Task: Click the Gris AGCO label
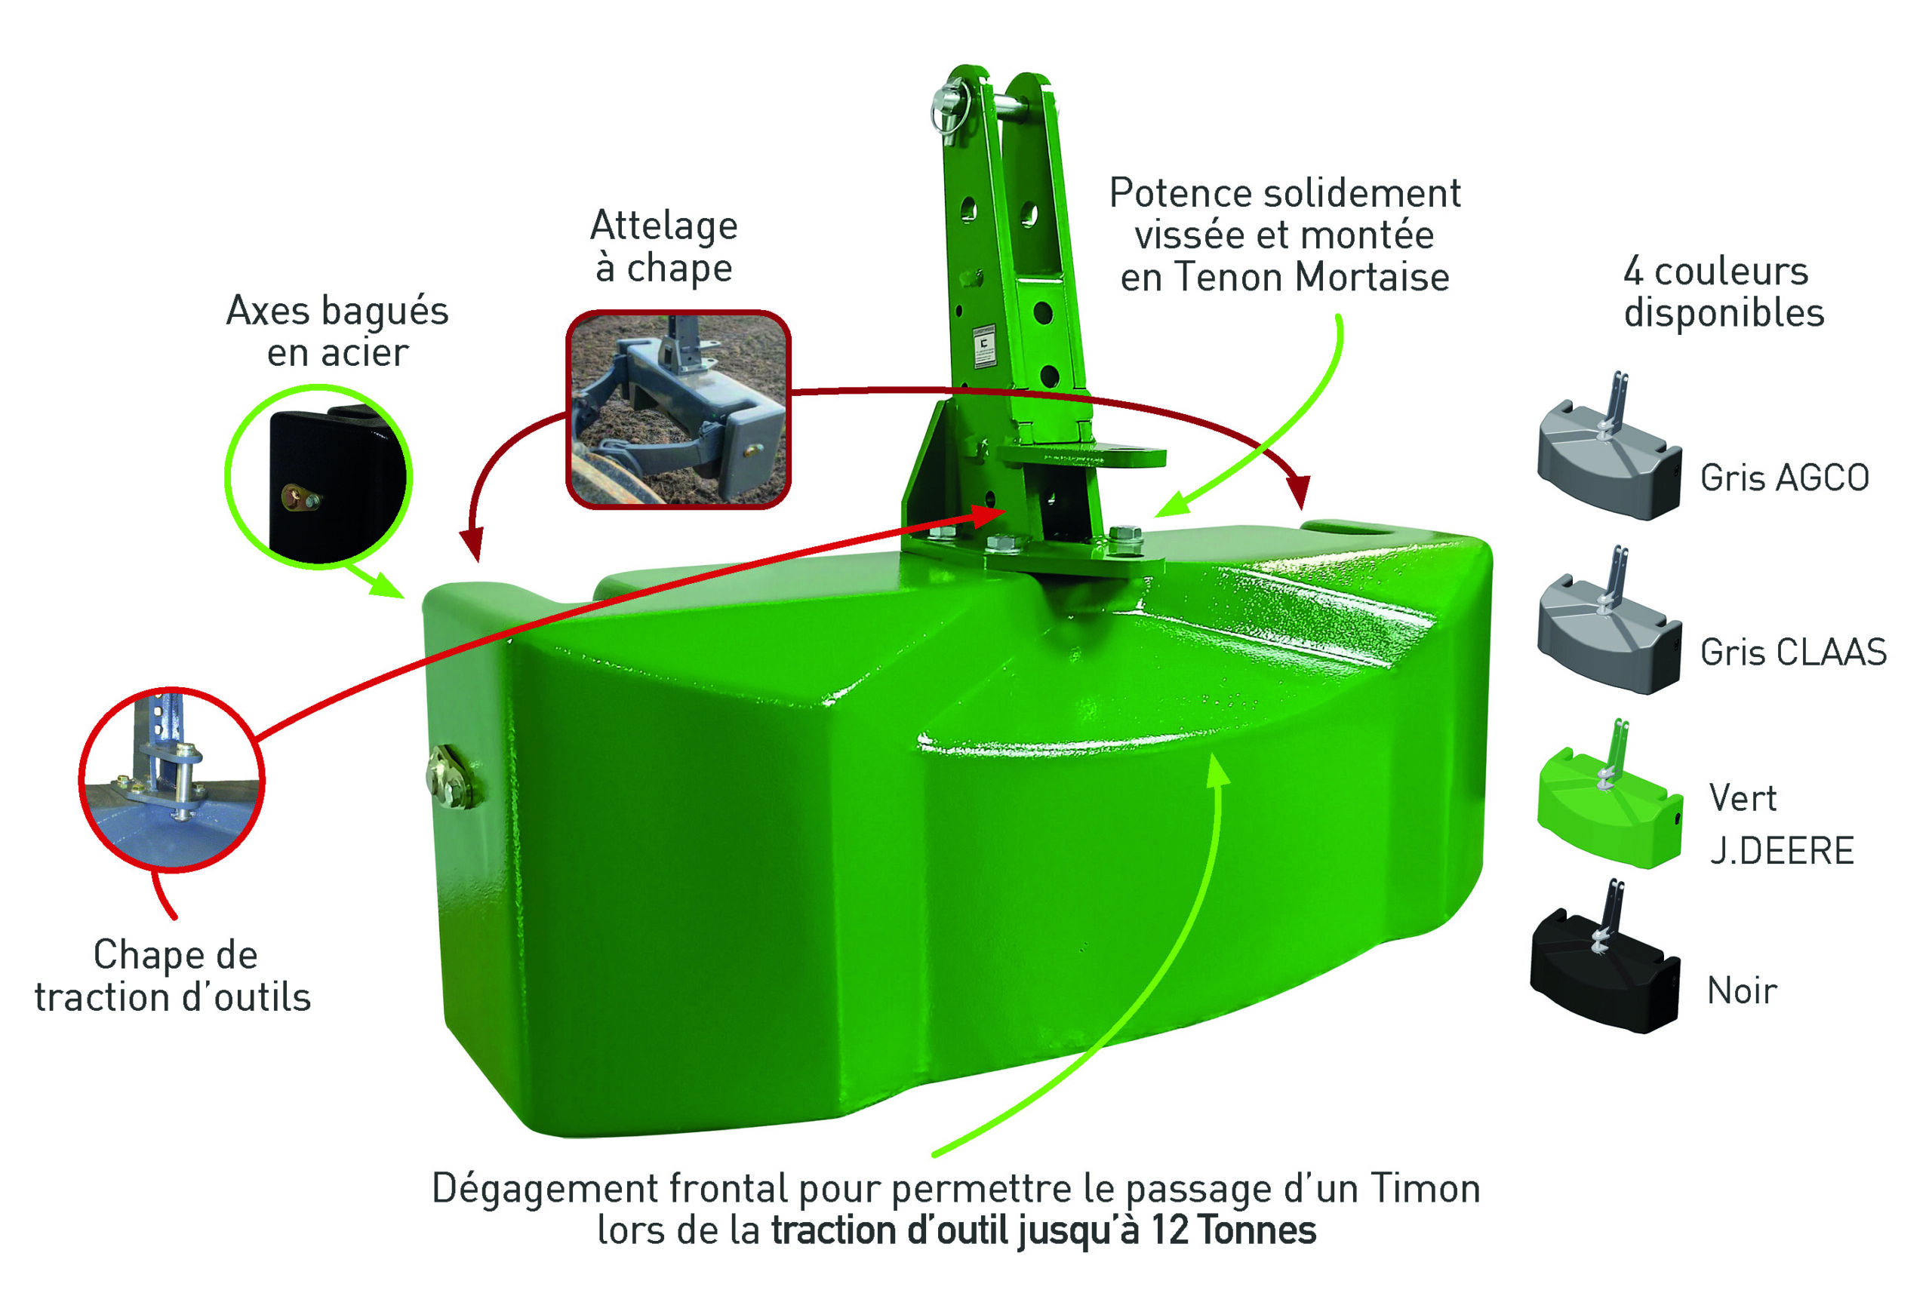(x=1784, y=478)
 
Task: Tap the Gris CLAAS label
(x=1793, y=652)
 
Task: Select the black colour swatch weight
(x=1604, y=963)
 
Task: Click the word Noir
(x=1742, y=990)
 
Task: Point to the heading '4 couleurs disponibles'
(x=1724, y=292)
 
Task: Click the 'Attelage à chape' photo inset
(x=678, y=409)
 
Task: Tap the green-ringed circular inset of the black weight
(x=319, y=476)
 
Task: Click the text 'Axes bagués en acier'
(x=337, y=331)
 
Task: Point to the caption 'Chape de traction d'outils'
(x=173, y=975)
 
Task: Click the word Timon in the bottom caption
(x=1426, y=1188)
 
